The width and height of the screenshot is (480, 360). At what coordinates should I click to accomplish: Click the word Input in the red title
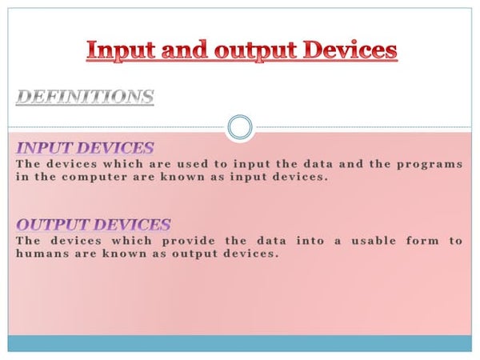pyautogui.click(x=119, y=50)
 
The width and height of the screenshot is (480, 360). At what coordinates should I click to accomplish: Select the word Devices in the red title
pyautogui.click(x=350, y=50)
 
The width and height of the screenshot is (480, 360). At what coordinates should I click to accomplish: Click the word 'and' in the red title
pyautogui.click(x=184, y=50)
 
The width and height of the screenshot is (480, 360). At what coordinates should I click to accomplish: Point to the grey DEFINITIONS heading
pyautogui.click(x=85, y=98)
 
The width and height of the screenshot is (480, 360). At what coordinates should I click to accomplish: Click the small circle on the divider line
pyautogui.click(x=239, y=127)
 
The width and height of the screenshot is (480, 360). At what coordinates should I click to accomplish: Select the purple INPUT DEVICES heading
pyautogui.click(x=85, y=148)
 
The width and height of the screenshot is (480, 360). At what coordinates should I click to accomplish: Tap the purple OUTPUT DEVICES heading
pyautogui.click(x=93, y=225)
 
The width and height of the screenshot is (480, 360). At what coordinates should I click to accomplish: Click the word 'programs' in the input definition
pyautogui.click(x=432, y=164)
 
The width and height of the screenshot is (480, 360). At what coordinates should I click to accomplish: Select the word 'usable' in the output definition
pyautogui.click(x=374, y=241)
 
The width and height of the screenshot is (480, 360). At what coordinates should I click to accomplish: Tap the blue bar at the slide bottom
pyautogui.click(x=239, y=343)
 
